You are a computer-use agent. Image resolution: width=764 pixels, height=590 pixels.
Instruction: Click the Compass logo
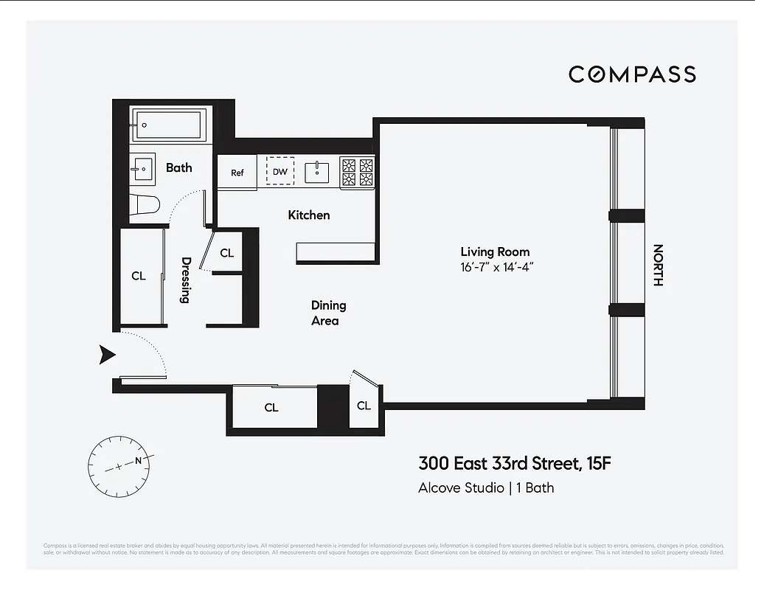click(x=632, y=74)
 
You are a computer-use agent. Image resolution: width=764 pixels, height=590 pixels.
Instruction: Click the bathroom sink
click(x=142, y=168)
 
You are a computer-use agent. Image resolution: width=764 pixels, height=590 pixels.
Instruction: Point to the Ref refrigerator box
click(x=237, y=173)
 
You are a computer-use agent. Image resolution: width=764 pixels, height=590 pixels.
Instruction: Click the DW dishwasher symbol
click(x=279, y=172)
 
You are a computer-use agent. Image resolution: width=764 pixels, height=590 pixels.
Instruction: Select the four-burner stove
click(x=358, y=172)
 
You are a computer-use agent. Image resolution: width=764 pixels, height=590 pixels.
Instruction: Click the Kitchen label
click(x=308, y=215)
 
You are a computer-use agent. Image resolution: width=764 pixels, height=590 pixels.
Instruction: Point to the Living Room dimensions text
click(x=495, y=266)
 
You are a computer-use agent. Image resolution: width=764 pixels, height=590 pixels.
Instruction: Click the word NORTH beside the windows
click(x=658, y=265)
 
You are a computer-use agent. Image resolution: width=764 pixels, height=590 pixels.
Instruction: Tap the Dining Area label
click(x=327, y=313)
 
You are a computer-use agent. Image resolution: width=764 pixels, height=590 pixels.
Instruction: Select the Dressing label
click(x=186, y=280)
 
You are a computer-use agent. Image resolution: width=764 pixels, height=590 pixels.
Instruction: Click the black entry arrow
click(x=108, y=355)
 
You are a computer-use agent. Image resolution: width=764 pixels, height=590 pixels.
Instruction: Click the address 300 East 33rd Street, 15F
click(x=515, y=464)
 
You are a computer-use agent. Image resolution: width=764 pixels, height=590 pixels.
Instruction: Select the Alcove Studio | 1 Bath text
click(x=486, y=487)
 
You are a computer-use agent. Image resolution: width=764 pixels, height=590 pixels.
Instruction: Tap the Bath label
click(x=178, y=167)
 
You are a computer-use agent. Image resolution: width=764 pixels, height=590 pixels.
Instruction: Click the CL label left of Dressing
click(x=139, y=276)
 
